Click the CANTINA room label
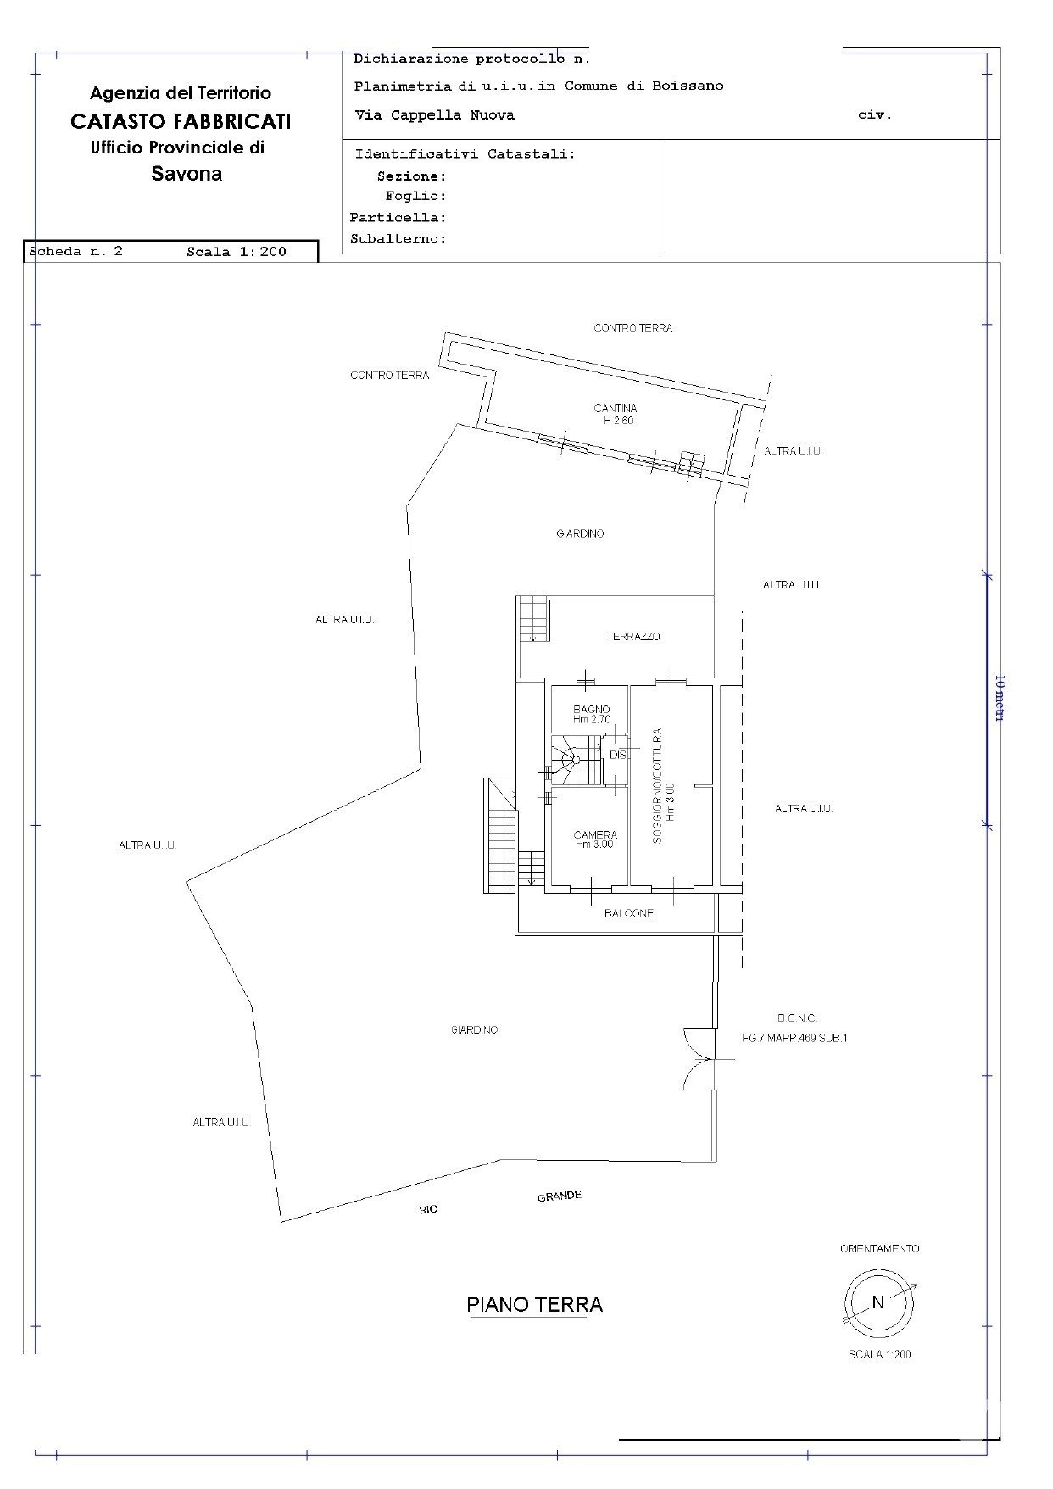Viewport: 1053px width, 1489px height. click(x=615, y=409)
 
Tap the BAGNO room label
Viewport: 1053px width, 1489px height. click(x=591, y=710)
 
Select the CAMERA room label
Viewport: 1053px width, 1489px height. click(x=594, y=835)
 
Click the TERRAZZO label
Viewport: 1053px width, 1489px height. click(x=633, y=636)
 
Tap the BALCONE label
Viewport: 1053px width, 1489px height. click(x=629, y=913)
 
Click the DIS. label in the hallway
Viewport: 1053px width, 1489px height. click(x=618, y=754)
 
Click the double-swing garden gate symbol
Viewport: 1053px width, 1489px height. click(x=699, y=1059)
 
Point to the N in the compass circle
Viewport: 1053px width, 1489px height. click(x=878, y=1302)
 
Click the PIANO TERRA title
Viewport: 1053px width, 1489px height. click(x=534, y=1304)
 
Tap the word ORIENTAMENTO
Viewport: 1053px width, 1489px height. click(x=879, y=1248)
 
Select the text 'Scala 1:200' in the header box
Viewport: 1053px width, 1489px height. click(x=237, y=251)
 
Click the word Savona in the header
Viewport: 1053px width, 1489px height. click(x=187, y=174)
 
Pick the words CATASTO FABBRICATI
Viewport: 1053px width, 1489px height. click(x=181, y=121)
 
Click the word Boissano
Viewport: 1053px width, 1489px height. click(x=688, y=86)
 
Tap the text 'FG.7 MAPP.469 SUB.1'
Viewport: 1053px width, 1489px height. click(x=794, y=1038)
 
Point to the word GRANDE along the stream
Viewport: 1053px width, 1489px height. click(x=559, y=1196)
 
